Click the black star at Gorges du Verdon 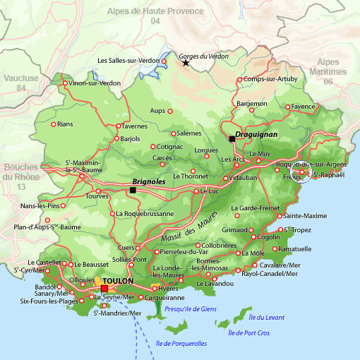pyautogui.click(x=186, y=63)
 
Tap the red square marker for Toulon pyautogui.click(x=104, y=289)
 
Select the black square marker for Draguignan pyautogui.click(x=232, y=138)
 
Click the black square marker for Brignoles pyautogui.click(x=132, y=190)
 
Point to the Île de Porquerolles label pyautogui.click(x=181, y=344)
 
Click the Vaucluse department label pyautogui.click(x=21, y=83)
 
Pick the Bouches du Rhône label pyautogui.click(x=20, y=176)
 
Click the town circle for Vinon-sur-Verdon pyautogui.click(x=66, y=83)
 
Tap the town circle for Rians pyautogui.click(x=53, y=124)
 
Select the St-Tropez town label pyautogui.click(x=299, y=229)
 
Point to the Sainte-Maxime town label pyautogui.click(x=305, y=215)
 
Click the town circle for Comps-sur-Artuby pyautogui.click(x=239, y=79)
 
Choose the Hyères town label pyautogui.click(x=169, y=289)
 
